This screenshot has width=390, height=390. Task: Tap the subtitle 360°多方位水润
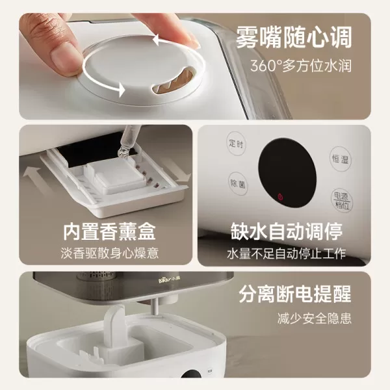pos(301,66)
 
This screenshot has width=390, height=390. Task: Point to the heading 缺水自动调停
pos(286,231)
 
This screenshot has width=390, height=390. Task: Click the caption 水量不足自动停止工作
pos(286,253)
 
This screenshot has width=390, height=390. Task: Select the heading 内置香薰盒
pos(110,231)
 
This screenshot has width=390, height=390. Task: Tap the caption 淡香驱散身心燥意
pos(110,253)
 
